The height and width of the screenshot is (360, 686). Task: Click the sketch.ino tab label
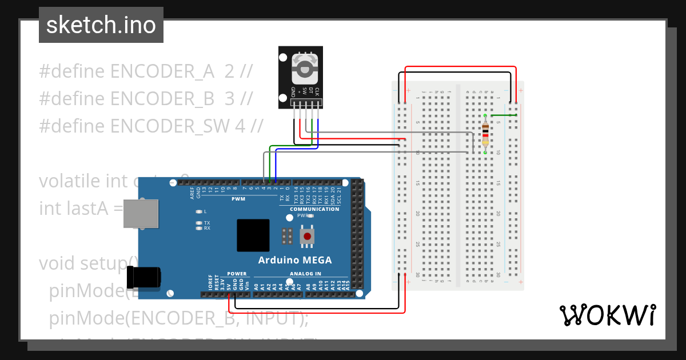tap(101, 25)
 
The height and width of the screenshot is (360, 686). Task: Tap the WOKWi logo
tap(607, 315)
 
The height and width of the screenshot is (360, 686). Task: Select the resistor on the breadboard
tap(485, 136)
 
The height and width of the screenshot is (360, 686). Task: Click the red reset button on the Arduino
tap(308, 236)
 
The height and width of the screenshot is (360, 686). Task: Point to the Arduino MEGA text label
tap(294, 260)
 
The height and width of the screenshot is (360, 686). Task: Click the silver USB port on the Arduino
tap(141, 213)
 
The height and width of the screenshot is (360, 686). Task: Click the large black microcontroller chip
tap(253, 235)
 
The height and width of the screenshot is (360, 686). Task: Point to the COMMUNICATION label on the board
tap(314, 209)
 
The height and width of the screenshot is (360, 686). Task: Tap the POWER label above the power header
tap(237, 274)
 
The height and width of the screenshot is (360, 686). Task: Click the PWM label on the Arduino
tap(238, 199)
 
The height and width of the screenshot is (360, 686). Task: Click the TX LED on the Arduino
tap(199, 222)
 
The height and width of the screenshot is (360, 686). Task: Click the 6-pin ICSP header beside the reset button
tap(287, 235)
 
